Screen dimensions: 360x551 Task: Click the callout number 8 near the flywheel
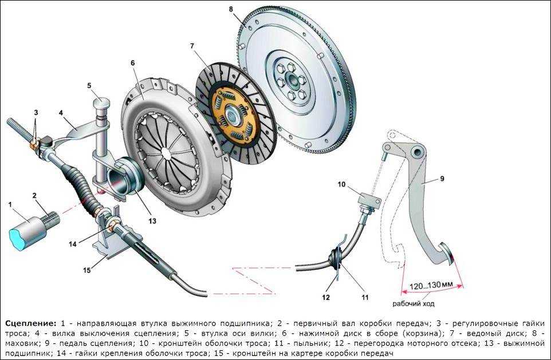(x=230, y=9)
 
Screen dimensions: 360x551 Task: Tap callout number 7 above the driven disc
(x=192, y=45)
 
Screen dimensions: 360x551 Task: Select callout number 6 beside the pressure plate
(x=132, y=62)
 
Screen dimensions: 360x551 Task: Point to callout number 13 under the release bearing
(x=152, y=220)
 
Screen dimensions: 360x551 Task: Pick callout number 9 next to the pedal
(x=442, y=179)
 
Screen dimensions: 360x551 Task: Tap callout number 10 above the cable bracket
(x=342, y=184)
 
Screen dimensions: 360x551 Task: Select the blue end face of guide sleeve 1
(x=18, y=239)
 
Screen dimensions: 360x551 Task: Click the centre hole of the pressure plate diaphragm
(x=167, y=152)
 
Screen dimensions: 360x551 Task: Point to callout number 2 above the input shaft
(x=34, y=195)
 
